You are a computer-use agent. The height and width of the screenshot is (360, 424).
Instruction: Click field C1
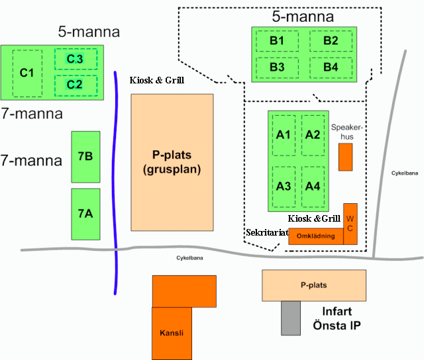point(27,72)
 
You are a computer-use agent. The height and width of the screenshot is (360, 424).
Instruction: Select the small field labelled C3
point(75,59)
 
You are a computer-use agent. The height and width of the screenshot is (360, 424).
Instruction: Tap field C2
point(75,85)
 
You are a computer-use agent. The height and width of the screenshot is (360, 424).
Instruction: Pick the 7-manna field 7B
point(85,157)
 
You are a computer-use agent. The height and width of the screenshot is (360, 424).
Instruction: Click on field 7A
point(85,214)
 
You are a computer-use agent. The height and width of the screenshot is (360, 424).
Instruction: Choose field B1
point(277,41)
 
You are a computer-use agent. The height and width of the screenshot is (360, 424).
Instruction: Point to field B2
point(331,41)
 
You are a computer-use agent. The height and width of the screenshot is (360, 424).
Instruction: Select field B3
point(277,67)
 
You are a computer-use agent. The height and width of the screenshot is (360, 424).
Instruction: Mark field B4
point(331,67)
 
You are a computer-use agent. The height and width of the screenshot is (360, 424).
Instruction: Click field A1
point(284,134)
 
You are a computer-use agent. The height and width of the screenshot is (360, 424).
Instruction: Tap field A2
point(313,134)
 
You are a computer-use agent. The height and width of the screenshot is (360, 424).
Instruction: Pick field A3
point(284,186)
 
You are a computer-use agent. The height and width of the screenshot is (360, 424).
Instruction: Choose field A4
point(313,186)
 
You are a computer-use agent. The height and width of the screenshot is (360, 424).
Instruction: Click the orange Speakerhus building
point(345,157)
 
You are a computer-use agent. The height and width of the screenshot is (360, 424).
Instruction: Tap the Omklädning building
point(315,236)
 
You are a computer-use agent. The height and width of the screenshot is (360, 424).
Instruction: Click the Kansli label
point(170,332)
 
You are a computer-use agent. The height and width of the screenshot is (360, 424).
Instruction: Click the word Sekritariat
point(265,234)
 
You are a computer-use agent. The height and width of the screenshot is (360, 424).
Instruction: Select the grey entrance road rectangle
point(290,317)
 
